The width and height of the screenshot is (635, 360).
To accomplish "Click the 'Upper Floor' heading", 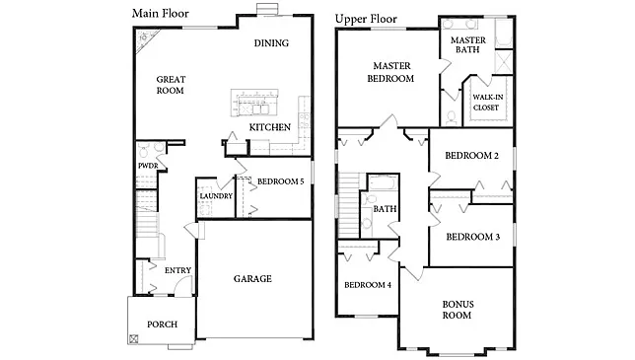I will (x=367, y=19).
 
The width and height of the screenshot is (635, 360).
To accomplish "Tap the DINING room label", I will (x=271, y=42).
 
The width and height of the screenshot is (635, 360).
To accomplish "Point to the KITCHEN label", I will (x=269, y=128).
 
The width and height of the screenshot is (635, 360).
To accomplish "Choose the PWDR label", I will (x=148, y=166).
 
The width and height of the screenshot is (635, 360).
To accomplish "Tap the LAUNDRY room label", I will (x=216, y=196).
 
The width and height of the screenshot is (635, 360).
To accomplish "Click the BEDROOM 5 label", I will (x=280, y=181).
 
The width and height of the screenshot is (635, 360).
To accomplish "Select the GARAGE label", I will (x=252, y=278).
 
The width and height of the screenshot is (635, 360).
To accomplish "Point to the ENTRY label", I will (x=178, y=270).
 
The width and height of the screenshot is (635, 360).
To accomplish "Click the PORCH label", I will (x=163, y=324).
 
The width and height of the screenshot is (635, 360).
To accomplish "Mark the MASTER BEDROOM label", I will (x=390, y=72).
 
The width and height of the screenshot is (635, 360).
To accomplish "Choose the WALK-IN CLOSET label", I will (x=486, y=103).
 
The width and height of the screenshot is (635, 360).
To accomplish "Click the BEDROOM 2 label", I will (x=471, y=156).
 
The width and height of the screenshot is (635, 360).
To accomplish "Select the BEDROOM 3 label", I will (x=472, y=237).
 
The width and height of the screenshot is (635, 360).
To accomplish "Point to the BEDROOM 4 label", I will (x=368, y=285).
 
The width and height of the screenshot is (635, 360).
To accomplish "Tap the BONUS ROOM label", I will (x=458, y=310).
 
